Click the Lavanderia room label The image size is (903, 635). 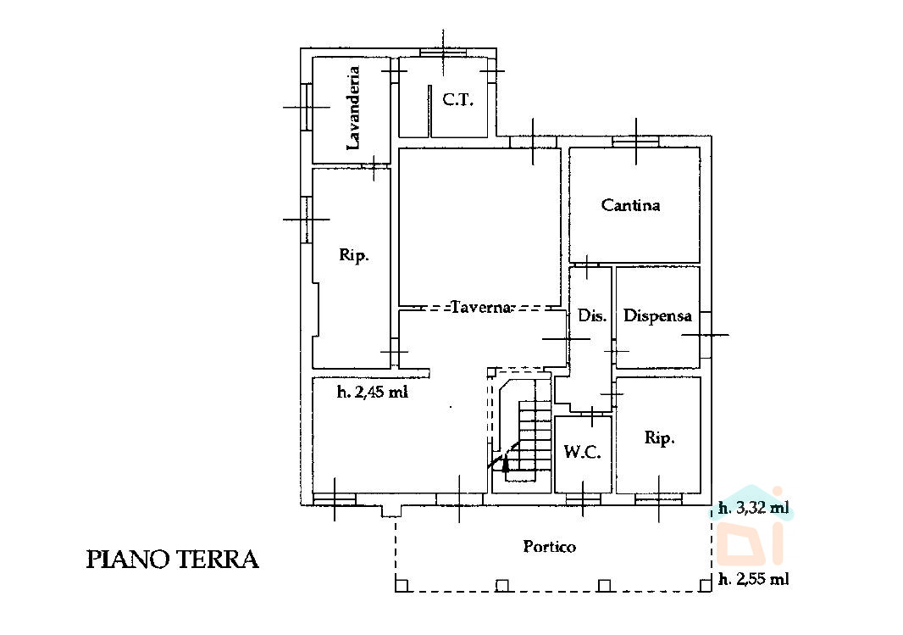[353, 109]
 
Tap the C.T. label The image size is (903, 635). [457, 100]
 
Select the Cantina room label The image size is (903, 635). [630, 204]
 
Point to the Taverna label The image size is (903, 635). [481, 307]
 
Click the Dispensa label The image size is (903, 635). [657, 315]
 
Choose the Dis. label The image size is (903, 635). [592, 315]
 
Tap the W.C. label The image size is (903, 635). [582, 452]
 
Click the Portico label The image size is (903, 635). [550, 546]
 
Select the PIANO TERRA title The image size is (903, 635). [172, 560]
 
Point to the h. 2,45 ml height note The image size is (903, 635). [372, 393]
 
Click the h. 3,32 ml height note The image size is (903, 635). [754, 508]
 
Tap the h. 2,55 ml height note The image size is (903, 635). [754, 579]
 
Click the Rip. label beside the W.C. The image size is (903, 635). [659, 438]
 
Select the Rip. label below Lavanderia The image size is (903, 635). [353, 254]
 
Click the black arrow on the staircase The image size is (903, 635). [505, 463]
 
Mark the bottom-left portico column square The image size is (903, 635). [402, 586]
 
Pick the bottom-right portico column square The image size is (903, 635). [706, 586]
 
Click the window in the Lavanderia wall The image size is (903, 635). [307, 107]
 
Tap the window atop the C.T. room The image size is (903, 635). [443, 53]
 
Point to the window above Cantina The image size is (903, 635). [636, 142]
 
